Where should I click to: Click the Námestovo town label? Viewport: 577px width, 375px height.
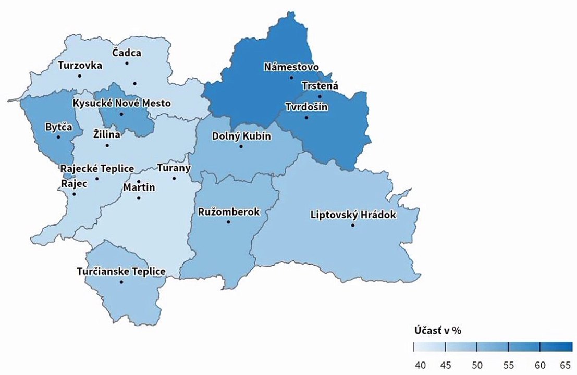pyautogui.click(x=291, y=67)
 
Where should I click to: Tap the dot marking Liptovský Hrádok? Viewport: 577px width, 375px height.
pyautogui.click(x=353, y=226)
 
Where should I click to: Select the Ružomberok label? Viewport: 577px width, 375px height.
pyautogui.click(x=229, y=212)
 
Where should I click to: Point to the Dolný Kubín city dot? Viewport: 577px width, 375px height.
pyautogui.click(x=241, y=147)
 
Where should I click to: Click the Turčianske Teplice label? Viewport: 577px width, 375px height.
pyautogui.click(x=121, y=271)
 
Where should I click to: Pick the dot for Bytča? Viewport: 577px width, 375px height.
pyautogui.click(x=58, y=137)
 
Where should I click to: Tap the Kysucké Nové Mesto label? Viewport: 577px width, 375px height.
pyautogui.click(x=122, y=103)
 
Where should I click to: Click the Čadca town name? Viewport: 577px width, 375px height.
pyautogui.click(x=127, y=53)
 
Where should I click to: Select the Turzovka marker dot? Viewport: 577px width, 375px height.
pyautogui.click(x=80, y=76)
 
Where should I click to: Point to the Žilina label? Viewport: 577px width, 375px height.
pyautogui.click(x=106, y=135)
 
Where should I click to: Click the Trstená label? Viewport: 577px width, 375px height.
pyautogui.click(x=320, y=86)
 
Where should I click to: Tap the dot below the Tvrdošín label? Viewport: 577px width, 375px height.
pyautogui.click(x=306, y=118)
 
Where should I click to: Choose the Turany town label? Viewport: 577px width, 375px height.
pyautogui.click(x=174, y=168)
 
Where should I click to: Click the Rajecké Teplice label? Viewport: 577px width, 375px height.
pyautogui.click(x=97, y=169)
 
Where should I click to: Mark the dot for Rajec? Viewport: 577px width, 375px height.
pyautogui.click(x=74, y=194)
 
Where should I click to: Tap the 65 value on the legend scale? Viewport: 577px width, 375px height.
pyautogui.click(x=565, y=364)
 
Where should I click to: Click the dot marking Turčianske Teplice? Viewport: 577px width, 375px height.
pyautogui.click(x=121, y=282)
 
